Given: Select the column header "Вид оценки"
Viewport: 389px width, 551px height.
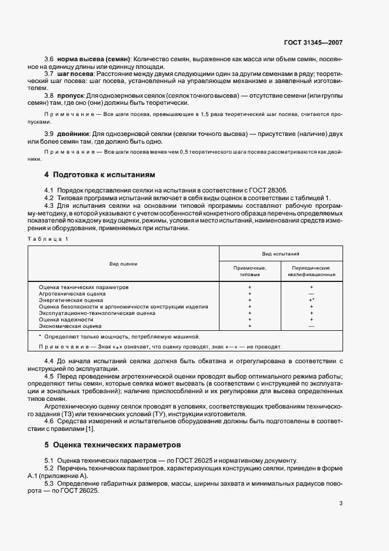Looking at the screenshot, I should (124, 264).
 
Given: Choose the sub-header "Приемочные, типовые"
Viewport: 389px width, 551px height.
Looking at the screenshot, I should (250, 271).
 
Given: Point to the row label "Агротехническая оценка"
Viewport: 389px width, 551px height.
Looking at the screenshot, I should (72, 293).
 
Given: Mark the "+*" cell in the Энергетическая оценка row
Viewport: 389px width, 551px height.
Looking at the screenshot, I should (311, 300).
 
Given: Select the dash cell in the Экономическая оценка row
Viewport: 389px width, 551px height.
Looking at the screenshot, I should (311, 326).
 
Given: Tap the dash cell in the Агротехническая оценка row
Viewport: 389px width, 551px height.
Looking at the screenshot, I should (311, 293).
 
